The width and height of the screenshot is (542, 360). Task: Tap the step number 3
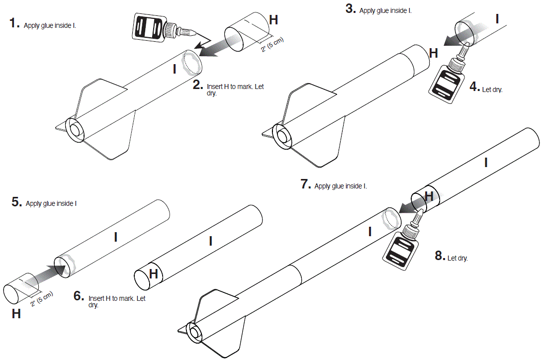point(351,9)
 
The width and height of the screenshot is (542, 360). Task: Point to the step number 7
point(306,184)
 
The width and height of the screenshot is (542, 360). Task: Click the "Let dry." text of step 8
point(457,259)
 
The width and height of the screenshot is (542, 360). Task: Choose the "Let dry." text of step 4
point(492,90)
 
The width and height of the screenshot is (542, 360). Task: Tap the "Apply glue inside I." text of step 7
point(341,186)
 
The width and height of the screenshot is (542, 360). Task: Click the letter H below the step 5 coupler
point(16,314)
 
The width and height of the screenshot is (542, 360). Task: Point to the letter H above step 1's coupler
point(273,20)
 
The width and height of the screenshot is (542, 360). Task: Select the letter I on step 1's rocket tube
point(174,69)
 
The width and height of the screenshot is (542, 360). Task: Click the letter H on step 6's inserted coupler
point(154,273)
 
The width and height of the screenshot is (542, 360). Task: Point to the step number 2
point(198,84)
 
